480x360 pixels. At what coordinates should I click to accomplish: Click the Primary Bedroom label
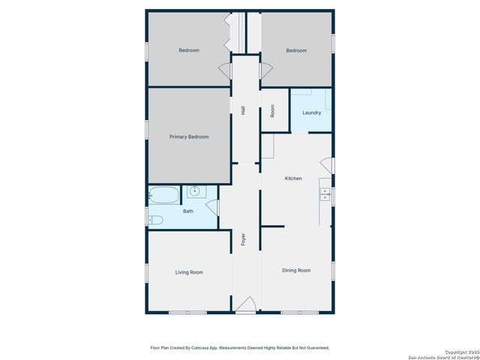click(x=188, y=136)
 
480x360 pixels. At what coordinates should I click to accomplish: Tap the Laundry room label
click(x=311, y=113)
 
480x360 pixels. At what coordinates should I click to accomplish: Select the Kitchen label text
click(x=293, y=178)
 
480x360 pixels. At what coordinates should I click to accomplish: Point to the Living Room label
click(x=189, y=272)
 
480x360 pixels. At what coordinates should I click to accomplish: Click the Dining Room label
click(x=296, y=270)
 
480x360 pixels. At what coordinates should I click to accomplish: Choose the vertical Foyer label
click(x=243, y=240)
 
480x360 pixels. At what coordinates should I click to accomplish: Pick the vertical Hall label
click(x=243, y=110)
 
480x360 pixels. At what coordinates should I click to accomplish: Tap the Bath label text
click(x=188, y=211)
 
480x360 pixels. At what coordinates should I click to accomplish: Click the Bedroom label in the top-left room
click(x=189, y=50)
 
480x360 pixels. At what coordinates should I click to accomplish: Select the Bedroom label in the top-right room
click(x=296, y=50)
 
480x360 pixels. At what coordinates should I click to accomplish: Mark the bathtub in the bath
click(x=164, y=195)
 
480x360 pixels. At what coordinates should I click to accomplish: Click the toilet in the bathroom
click(x=155, y=220)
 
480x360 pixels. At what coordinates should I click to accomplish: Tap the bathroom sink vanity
click(x=195, y=191)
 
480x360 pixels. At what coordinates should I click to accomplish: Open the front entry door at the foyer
click(x=245, y=306)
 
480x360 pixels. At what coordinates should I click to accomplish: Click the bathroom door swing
click(x=212, y=208)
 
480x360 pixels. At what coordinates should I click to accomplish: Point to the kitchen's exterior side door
click(x=326, y=164)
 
